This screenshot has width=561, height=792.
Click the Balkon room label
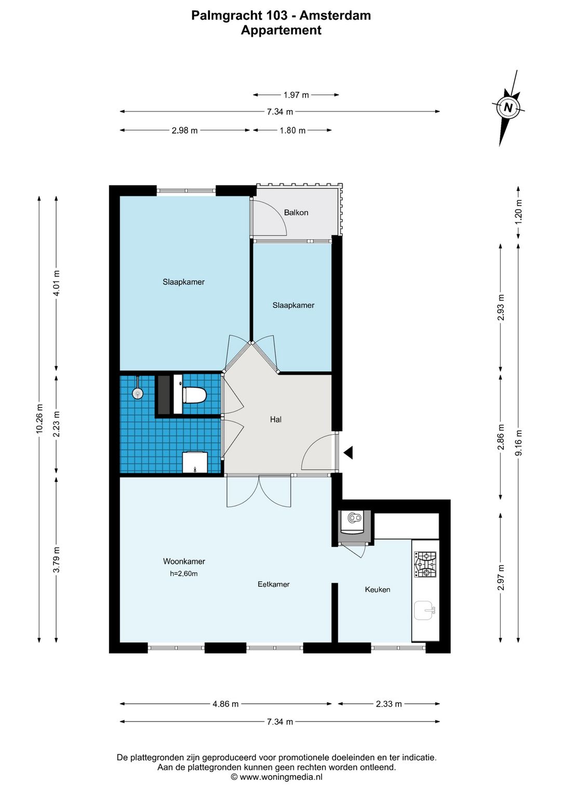coord(296,212)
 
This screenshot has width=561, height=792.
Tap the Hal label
coord(276,419)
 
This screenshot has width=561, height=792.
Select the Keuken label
coord(378,590)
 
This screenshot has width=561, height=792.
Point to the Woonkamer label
coord(184,561)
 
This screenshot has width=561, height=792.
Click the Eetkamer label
coord(274,584)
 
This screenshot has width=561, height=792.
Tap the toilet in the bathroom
coord(194,395)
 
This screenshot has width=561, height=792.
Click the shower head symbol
coord(137,392)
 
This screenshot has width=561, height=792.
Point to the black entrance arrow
coord(348,453)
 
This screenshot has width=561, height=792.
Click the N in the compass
coord(508,107)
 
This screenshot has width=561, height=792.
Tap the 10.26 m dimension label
coord(39,418)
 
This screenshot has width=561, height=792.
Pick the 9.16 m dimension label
coord(519,443)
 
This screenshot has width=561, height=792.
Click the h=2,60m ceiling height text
coord(184,573)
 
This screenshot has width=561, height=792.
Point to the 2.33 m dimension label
coord(389,704)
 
